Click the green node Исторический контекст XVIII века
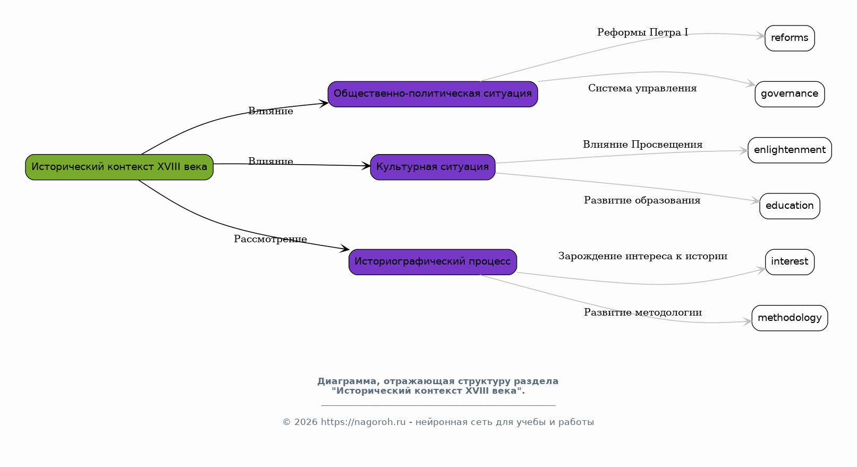pyautogui.click(x=120, y=167)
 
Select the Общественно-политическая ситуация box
pyautogui.click(x=432, y=94)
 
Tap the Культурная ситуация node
pyautogui.click(x=432, y=167)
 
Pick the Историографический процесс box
pyautogui.click(x=432, y=262)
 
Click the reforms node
pyautogui.click(x=790, y=38)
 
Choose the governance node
pyautogui.click(x=790, y=94)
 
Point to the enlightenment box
pyautogui.click(x=790, y=150)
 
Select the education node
pyautogui.click(x=790, y=206)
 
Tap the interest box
pyautogui.click(x=790, y=262)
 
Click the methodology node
pyautogui.click(x=790, y=318)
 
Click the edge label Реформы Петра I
pyautogui.click(x=643, y=32)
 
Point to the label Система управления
pyautogui.click(x=642, y=88)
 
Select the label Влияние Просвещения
pyautogui.click(x=643, y=145)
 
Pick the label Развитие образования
pyautogui.click(x=642, y=200)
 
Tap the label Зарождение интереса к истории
pyautogui.click(x=643, y=256)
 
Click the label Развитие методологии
pyautogui.click(x=643, y=312)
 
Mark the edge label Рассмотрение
pyautogui.click(x=270, y=239)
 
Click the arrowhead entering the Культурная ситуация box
pyautogui.click(x=366, y=166)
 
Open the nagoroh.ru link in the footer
pyautogui.click(x=363, y=422)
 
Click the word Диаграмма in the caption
pyautogui.click(x=349, y=381)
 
